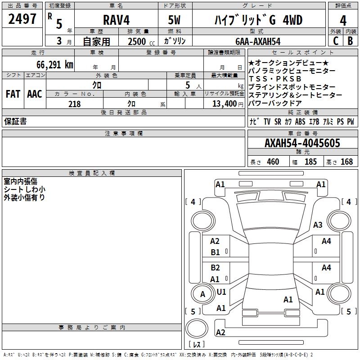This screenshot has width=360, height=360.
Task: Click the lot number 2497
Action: click(22, 19)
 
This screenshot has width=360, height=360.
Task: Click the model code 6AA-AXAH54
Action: click(258, 41)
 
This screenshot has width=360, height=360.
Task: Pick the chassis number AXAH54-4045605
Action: click(302, 143)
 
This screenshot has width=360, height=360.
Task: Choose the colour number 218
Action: click(75, 104)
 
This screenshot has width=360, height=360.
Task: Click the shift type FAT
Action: click(13, 94)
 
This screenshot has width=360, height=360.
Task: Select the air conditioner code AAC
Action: click(35, 94)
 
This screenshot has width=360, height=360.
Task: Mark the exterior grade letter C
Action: click(335, 41)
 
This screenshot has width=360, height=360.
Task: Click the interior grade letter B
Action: click(351, 41)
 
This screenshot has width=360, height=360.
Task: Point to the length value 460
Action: click(273, 162)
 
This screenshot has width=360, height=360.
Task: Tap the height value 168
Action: click(346, 162)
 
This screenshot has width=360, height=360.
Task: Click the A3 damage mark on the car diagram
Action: click(318, 225)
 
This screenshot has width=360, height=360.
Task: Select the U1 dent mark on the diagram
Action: click(221, 292)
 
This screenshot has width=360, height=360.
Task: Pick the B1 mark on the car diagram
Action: click(216, 252)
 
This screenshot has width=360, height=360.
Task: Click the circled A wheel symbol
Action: click(202, 294)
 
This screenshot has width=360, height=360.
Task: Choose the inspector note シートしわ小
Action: click(24, 189)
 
